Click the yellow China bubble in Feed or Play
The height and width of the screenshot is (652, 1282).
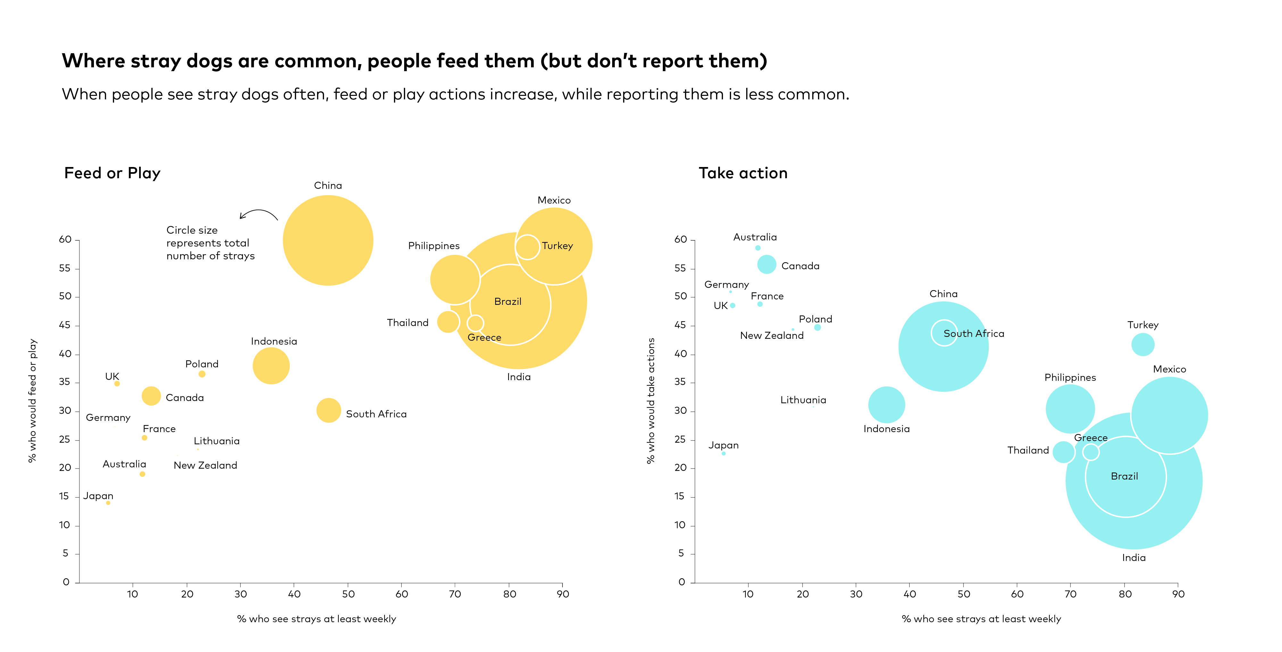pos(328,240)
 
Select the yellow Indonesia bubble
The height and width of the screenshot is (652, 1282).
pos(271,366)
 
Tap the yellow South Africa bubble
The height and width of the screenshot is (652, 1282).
pos(329,411)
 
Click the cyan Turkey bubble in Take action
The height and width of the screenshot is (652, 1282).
pos(1143,344)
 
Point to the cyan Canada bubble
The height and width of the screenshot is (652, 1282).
pos(766,264)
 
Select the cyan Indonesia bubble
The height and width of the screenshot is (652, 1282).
pos(887,405)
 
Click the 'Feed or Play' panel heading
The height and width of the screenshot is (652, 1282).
pos(112,173)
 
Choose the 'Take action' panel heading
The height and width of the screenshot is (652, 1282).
pos(743,173)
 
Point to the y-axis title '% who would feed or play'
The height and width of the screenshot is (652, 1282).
pos(32,401)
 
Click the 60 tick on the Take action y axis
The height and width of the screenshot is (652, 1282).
pos(680,239)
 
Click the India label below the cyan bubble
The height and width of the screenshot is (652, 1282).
pos(1134,558)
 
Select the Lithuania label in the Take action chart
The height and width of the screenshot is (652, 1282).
pos(803,400)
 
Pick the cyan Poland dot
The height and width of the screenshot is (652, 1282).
pos(817,328)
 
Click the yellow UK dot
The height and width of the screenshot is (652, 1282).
pos(117,384)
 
